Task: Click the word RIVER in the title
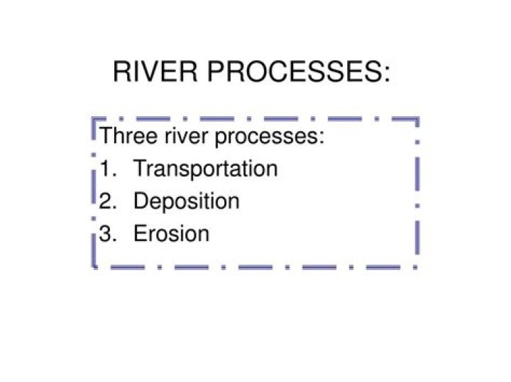[155, 72]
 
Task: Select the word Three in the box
[128, 135]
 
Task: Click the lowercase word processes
[266, 137]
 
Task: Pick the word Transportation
[206, 169]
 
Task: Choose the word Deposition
[187, 201]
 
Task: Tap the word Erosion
[172, 233]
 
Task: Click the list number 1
[108, 168]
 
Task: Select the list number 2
[108, 201]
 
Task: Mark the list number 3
[108, 233]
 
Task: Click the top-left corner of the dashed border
[93, 118]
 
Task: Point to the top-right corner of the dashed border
[417, 118]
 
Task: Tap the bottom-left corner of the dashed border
[94, 267]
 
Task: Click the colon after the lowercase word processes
[322, 137]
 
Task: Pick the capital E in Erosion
[141, 233]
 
